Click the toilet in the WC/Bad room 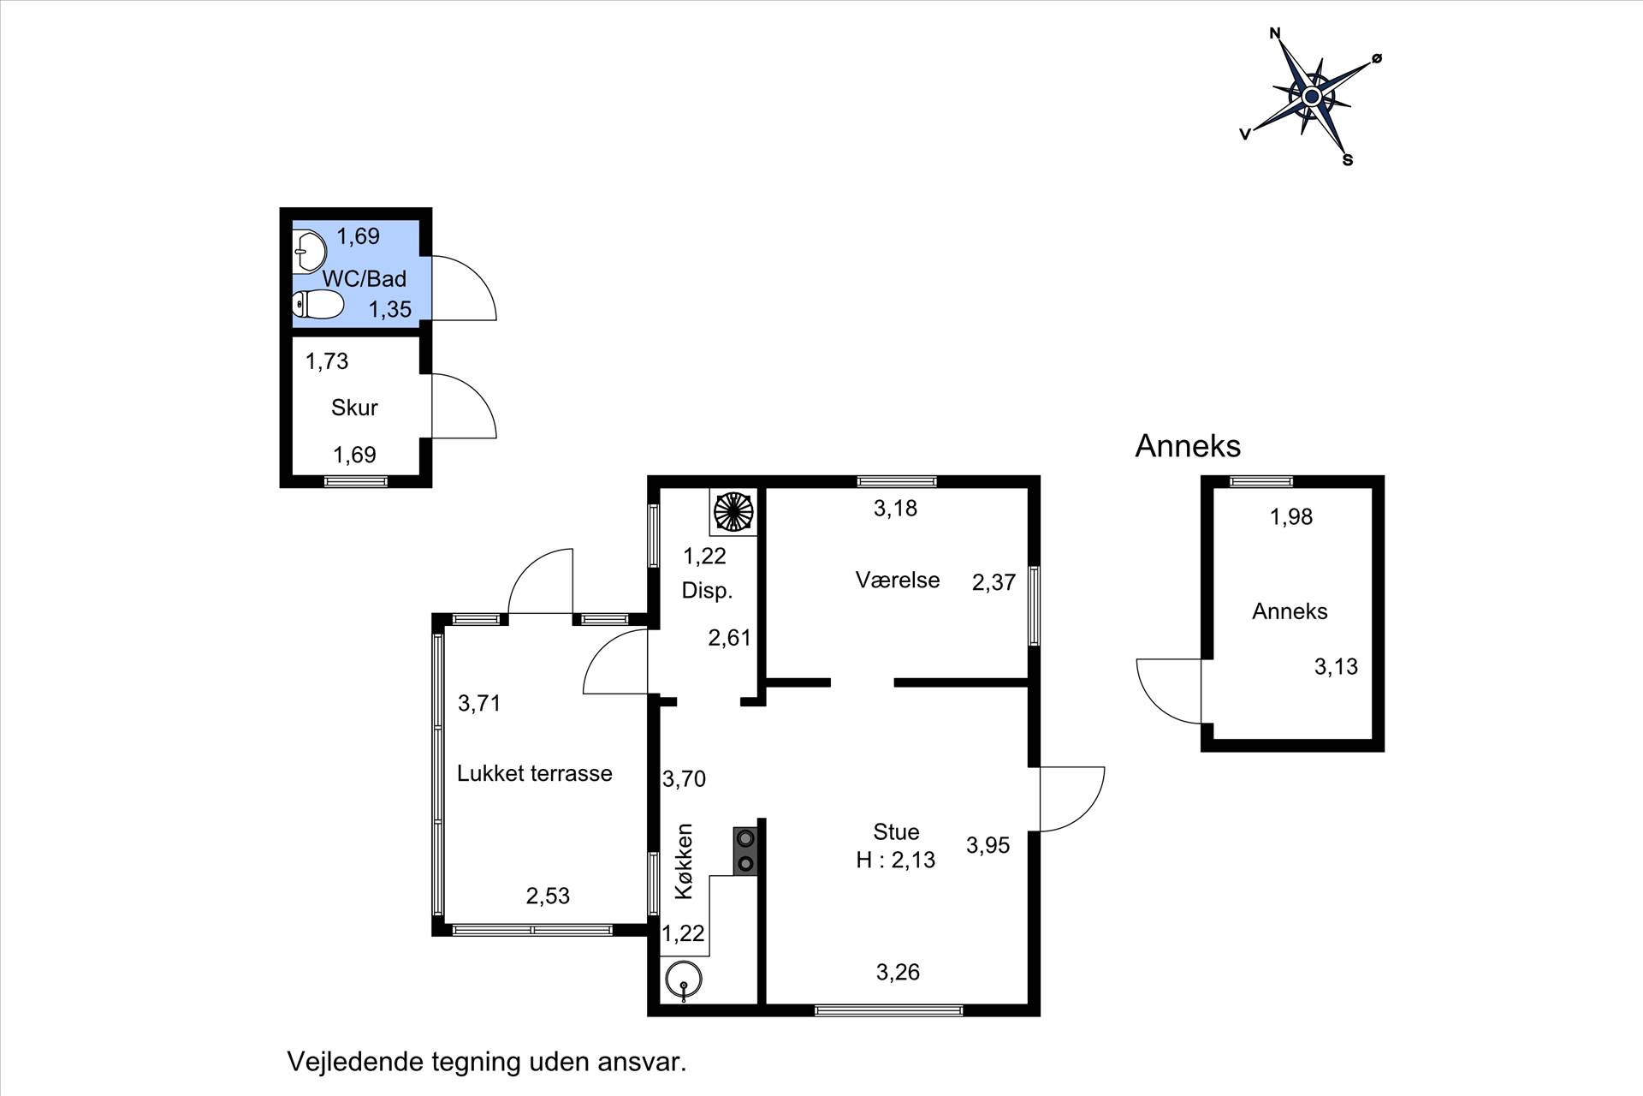click(x=318, y=304)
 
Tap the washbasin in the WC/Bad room click(x=309, y=252)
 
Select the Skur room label click(x=354, y=408)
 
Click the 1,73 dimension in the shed click(x=327, y=361)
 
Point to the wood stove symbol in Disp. click(x=733, y=512)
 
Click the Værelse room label click(x=898, y=580)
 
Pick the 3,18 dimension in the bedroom click(x=895, y=509)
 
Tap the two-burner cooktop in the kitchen click(x=745, y=851)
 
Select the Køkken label click(x=684, y=861)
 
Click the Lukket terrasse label click(x=535, y=773)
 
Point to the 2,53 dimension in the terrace click(x=548, y=896)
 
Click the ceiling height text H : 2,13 click(x=896, y=860)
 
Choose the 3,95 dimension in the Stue click(x=988, y=845)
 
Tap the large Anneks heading click(x=1188, y=446)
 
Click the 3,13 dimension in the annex click(x=1336, y=666)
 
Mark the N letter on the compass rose click(x=1275, y=34)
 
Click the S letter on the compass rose click(x=1348, y=160)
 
